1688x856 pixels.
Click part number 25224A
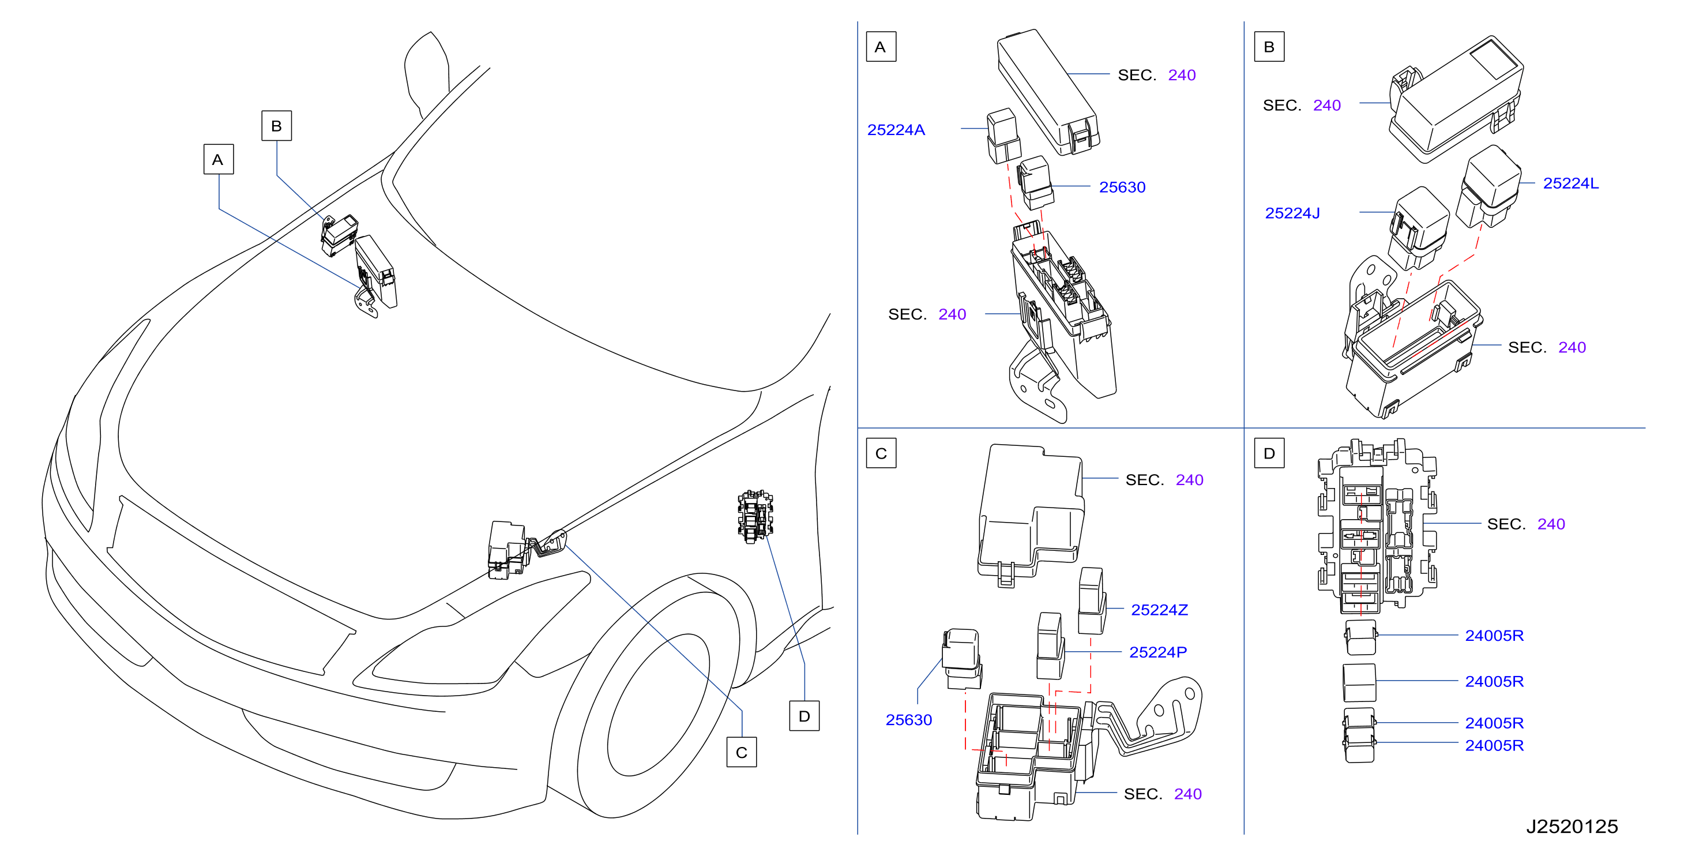tap(896, 130)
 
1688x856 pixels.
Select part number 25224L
tap(1571, 183)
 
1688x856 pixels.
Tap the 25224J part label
tap(1292, 213)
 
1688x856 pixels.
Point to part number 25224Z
tap(1159, 610)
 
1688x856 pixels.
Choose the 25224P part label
tap(1158, 652)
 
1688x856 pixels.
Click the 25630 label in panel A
tap(1122, 187)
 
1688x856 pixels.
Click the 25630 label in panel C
tap(908, 720)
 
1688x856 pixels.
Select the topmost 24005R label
tap(1494, 635)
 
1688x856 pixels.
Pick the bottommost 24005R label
tap(1494, 745)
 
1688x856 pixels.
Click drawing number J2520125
tap(1572, 827)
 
